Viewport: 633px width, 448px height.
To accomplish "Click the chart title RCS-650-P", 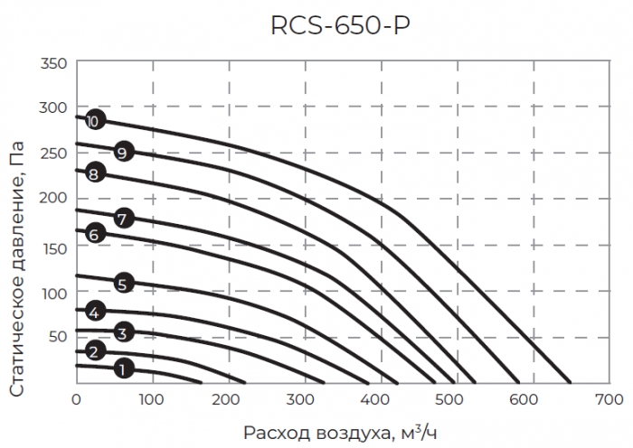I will [340, 26].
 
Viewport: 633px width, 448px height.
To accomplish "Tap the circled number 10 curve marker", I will [93, 120].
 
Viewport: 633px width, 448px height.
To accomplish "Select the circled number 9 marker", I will [124, 151].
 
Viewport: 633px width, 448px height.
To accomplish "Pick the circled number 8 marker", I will [93, 173].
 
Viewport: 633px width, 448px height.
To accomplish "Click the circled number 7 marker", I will [124, 218].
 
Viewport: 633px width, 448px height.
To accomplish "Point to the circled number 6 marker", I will [93, 234].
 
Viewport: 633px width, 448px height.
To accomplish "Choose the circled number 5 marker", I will [124, 284].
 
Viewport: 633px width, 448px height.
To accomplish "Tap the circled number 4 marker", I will [93, 313].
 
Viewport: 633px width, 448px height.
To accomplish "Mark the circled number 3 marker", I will [124, 332].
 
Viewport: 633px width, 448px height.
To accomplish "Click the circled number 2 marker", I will [93, 350].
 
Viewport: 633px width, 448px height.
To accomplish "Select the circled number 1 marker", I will [124, 368].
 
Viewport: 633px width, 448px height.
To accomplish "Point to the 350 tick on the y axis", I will [54, 64].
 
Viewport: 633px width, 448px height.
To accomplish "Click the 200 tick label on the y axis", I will [54, 197].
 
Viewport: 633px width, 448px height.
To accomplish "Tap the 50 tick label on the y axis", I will [58, 336].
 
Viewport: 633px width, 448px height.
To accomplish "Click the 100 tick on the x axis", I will [152, 398].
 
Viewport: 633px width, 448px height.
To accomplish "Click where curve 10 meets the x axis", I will [571, 383].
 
